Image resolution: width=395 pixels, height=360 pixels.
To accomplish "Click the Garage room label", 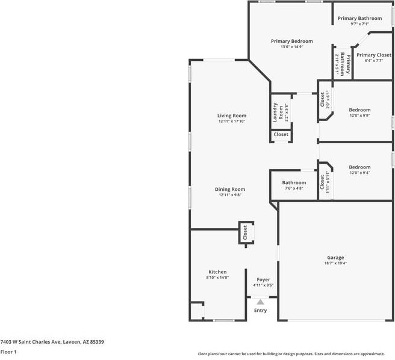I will pos(335,257).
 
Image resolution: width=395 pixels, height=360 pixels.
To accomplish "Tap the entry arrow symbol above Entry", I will pos(260,303).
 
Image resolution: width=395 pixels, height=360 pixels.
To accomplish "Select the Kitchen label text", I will pos(217,272).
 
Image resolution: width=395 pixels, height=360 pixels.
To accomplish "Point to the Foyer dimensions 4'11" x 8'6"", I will pos(263,285).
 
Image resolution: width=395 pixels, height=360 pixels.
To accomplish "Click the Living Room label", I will pos(232,116).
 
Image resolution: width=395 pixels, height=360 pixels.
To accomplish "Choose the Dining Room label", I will pos(230,189).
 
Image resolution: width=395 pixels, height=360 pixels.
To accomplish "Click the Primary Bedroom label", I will pos(291,41).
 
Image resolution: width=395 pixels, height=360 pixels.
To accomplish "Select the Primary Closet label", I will pos(373,55).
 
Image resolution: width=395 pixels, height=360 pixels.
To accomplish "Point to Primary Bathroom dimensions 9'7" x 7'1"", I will pos(359,24).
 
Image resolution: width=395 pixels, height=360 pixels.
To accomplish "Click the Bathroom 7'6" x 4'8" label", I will pos(294,182).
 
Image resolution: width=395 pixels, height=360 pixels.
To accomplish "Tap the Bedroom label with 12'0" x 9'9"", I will pos(359,110).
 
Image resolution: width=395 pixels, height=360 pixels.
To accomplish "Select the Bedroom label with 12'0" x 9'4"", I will pos(359,167).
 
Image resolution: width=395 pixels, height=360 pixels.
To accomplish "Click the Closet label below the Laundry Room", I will pos(281,134).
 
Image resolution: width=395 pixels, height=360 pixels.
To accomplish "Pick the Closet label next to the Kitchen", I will pos(245,233).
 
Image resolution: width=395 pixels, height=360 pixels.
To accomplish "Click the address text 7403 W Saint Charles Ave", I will pos(52,341).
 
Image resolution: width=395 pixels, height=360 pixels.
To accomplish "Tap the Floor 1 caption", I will pos(8,352).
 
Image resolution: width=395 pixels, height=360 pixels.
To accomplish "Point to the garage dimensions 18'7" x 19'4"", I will pos(335,263).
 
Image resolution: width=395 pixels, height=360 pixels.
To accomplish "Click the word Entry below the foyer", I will pos(260,311).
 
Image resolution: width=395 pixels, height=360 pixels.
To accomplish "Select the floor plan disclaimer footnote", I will pos(295,353).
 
